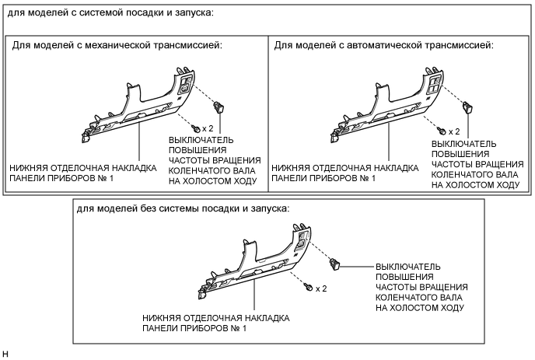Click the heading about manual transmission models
point(117,46)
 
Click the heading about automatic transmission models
point(383,46)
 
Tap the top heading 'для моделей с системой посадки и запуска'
point(128,15)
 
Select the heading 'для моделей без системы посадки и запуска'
point(183,209)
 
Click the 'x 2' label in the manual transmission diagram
point(207,127)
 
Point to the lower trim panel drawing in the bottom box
point(257,264)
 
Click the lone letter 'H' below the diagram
point(5,354)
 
